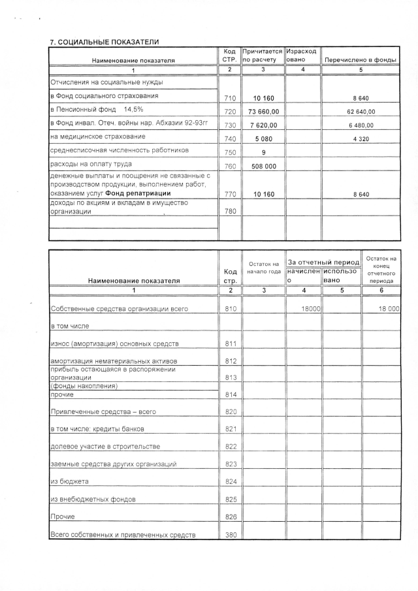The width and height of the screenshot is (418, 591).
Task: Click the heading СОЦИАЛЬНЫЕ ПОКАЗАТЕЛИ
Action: pyautogui.click(x=108, y=42)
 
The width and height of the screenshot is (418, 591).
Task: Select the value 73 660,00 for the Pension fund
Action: pyautogui.click(x=263, y=112)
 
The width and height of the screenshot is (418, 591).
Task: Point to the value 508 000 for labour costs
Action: pyautogui.click(x=263, y=167)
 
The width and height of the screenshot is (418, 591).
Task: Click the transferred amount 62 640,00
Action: pyautogui.click(x=361, y=112)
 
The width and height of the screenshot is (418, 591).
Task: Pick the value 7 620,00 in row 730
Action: pyautogui.click(x=263, y=125)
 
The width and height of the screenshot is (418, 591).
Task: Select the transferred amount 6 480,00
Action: pyautogui.click(x=361, y=125)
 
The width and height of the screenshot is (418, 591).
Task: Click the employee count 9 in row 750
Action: pyautogui.click(x=263, y=153)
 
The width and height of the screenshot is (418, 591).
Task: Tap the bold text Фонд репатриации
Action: pyautogui.click(x=138, y=193)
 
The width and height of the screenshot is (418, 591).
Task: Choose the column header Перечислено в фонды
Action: pyautogui.click(x=361, y=60)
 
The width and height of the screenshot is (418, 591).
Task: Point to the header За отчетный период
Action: pyautogui.click(x=323, y=262)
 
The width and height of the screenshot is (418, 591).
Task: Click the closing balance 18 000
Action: pyautogui.click(x=389, y=308)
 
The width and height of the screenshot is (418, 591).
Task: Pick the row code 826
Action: pyautogui.click(x=229, y=517)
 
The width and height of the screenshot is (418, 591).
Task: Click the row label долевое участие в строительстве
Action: pyautogui.click(x=105, y=447)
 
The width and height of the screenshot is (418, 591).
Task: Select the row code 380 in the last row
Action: pyautogui.click(x=229, y=535)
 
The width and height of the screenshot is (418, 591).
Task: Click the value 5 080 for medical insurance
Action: pyautogui.click(x=263, y=139)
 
